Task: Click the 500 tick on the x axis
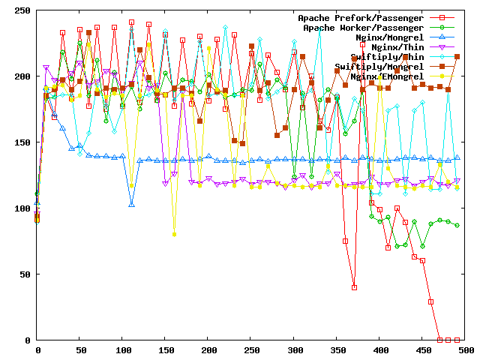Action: (x=466, y=349)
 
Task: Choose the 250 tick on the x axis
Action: (x=252, y=349)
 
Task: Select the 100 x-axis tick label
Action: (x=123, y=349)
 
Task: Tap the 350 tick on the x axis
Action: (x=337, y=349)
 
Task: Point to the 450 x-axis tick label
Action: (x=423, y=349)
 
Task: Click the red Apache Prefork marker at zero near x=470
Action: (x=440, y=340)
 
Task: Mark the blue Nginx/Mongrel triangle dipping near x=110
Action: (x=131, y=204)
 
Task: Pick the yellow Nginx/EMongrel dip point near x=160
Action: (x=174, y=234)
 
